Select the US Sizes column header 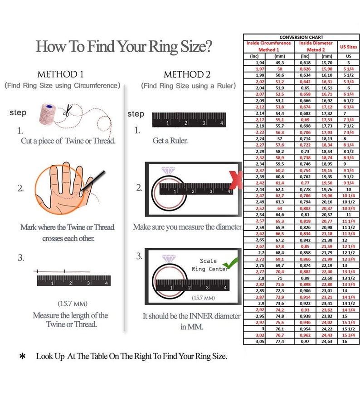click(348, 46)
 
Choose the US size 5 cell click(348, 63)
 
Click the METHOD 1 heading click(60, 74)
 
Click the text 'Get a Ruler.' click(170, 141)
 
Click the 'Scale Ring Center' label click(208, 265)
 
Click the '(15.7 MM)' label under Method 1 click(73, 303)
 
